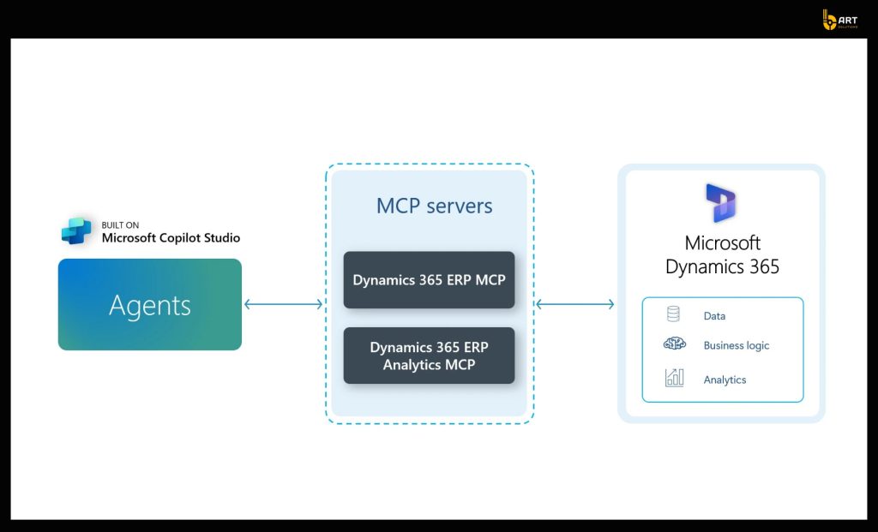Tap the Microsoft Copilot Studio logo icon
pyautogui.click(x=77, y=232)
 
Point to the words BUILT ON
pyautogui.click(x=120, y=225)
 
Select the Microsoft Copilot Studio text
pyautogui.click(x=171, y=238)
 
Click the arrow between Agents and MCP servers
pyautogui.click(x=283, y=304)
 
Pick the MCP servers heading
pyautogui.click(x=434, y=206)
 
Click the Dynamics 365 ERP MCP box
pyautogui.click(x=429, y=280)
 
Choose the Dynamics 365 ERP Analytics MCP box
pyautogui.click(x=429, y=356)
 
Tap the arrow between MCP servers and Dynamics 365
pyautogui.click(x=575, y=304)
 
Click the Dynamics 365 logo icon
pyautogui.click(x=721, y=203)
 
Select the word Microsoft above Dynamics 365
pyautogui.click(x=723, y=243)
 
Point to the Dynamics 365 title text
pyautogui.click(x=723, y=266)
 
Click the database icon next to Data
pyautogui.click(x=673, y=314)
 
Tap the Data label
pyautogui.click(x=714, y=316)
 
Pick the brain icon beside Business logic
pyautogui.click(x=674, y=344)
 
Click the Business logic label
pyautogui.click(x=736, y=346)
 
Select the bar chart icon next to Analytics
pyautogui.click(x=674, y=378)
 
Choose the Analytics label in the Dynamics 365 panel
pyautogui.click(x=725, y=380)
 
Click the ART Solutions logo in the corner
pyautogui.click(x=841, y=20)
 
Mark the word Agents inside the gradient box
pyautogui.click(x=150, y=305)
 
